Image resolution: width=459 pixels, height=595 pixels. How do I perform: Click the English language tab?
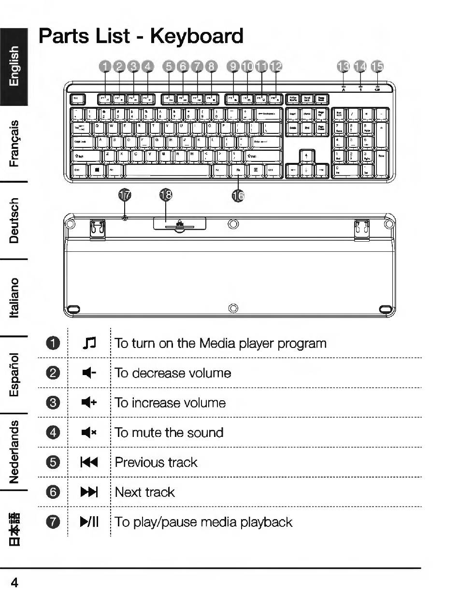tap(14, 66)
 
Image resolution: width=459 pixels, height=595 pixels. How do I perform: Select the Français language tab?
tap(14, 143)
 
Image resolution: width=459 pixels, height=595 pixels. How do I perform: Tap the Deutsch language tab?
tap(14, 220)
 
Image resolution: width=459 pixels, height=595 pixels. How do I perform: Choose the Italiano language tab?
tap(14, 297)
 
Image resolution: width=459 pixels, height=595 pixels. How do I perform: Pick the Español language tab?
tap(14, 374)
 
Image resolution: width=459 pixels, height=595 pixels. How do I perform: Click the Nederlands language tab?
tap(14, 451)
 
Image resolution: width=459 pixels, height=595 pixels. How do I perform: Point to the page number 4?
tap(14, 582)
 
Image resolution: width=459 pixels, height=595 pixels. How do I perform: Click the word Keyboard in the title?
tap(197, 36)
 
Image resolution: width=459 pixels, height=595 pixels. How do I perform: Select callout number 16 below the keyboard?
tap(238, 195)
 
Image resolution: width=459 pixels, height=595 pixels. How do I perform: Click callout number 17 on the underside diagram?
tap(125, 195)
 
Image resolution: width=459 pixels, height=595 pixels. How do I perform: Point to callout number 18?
tap(166, 195)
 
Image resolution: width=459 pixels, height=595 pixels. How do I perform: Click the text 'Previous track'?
tap(156, 463)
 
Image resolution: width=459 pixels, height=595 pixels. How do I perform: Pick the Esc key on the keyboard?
tap(77, 99)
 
